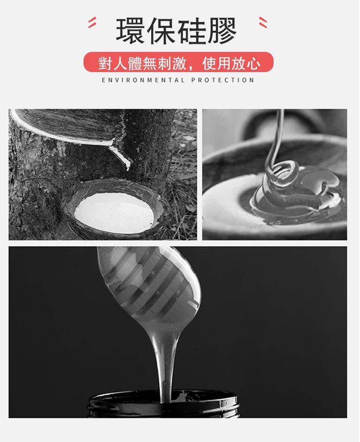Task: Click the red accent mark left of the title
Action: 92,22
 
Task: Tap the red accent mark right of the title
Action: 263,22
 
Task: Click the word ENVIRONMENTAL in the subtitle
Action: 143,80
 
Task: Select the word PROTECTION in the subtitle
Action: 223,80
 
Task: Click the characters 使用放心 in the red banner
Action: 231,63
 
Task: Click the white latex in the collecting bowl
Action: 114,212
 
